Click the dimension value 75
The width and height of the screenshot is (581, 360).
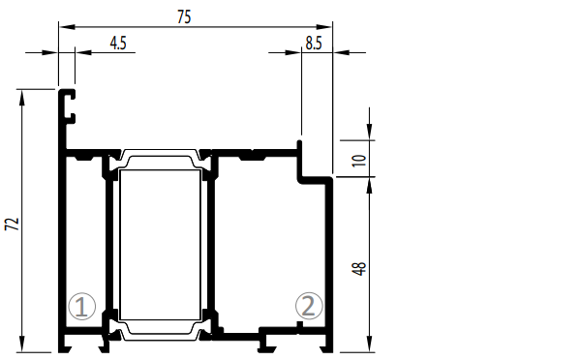coord(184,17)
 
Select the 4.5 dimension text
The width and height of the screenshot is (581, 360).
coord(118,44)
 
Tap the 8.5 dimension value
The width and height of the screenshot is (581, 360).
coord(314,44)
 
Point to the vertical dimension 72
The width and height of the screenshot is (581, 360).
coord(13,225)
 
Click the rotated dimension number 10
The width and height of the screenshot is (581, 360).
coord(358,161)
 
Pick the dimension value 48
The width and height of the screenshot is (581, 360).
coord(358,268)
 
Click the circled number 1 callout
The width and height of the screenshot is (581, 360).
coord(82,307)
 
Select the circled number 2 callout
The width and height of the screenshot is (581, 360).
coord(309,306)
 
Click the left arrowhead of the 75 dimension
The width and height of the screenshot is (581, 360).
coord(67,27)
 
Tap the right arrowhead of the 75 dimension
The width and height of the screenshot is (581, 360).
coord(323,27)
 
